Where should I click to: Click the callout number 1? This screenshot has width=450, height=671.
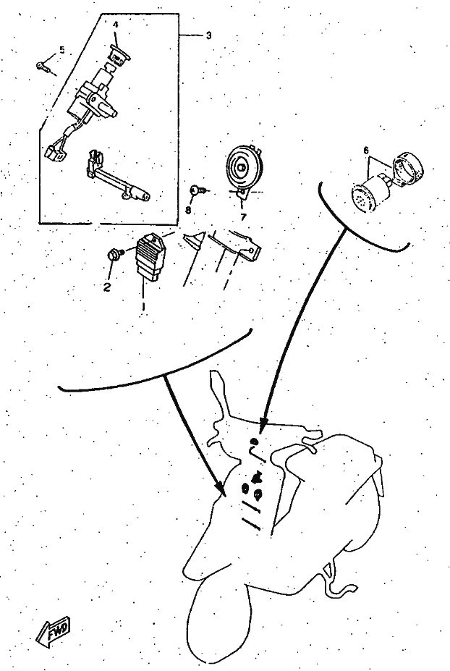click(x=143, y=307)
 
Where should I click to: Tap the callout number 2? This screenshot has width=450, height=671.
click(x=107, y=287)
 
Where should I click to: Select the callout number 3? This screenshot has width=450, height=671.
click(x=208, y=35)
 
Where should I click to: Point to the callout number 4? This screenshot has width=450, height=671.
click(x=116, y=25)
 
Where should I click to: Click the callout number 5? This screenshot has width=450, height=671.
click(x=62, y=50)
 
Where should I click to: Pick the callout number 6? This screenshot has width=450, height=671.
click(x=366, y=151)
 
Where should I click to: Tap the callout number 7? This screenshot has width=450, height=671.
click(x=243, y=217)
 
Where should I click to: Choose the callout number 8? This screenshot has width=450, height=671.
click(x=188, y=210)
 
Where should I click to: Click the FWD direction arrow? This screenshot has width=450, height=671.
click(x=54, y=631)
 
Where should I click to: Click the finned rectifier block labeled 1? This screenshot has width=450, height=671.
click(x=150, y=258)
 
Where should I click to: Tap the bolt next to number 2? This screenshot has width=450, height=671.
click(x=114, y=253)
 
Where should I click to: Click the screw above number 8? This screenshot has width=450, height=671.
click(x=199, y=189)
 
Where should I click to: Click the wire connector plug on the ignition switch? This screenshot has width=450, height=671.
click(x=54, y=154)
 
